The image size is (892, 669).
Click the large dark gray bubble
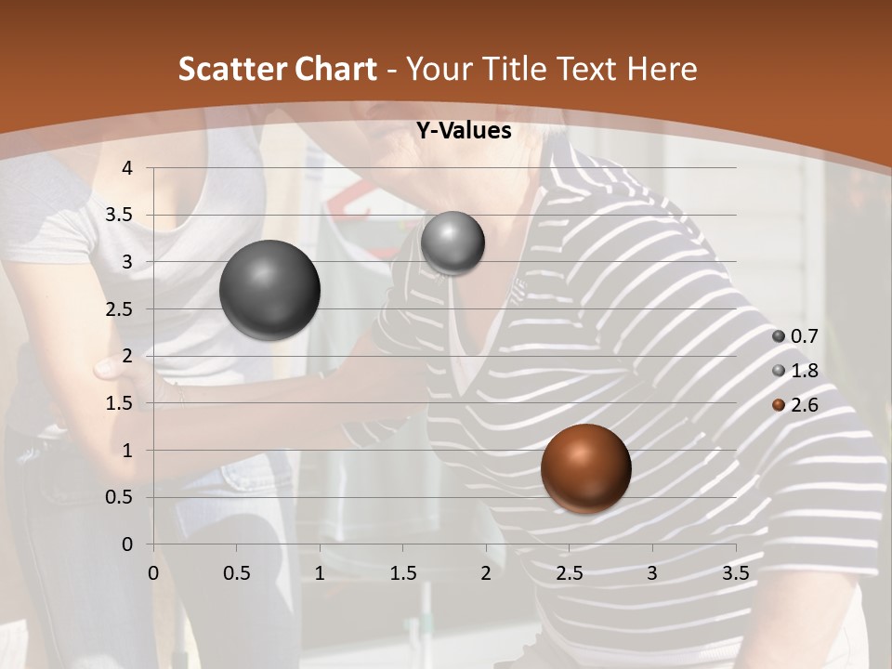click(x=269, y=290)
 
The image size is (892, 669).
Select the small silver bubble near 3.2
click(x=453, y=243)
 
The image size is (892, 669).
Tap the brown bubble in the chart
click(x=585, y=468)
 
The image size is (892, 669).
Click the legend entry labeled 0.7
click(x=803, y=336)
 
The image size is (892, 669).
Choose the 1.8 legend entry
click(x=803, y=371)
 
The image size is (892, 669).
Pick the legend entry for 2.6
click(x=803, y=405)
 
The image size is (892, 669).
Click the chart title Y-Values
click(x=463, y=131)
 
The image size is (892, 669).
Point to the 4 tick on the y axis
click(x=128, y=168)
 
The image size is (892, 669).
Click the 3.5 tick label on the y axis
click(x=120, y=216)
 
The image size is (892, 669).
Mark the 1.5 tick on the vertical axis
click(x=120, y=403)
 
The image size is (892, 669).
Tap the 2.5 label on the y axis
click(x=120, y=309)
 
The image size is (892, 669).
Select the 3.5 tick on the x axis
click(x=735, y=572)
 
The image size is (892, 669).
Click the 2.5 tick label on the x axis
click(x=569, y=572)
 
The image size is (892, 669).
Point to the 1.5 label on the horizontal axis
click(x=402, y=572)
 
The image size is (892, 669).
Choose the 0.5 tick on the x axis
click(x=236, y=572)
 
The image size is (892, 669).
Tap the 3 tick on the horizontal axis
click(x=652, y=572)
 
